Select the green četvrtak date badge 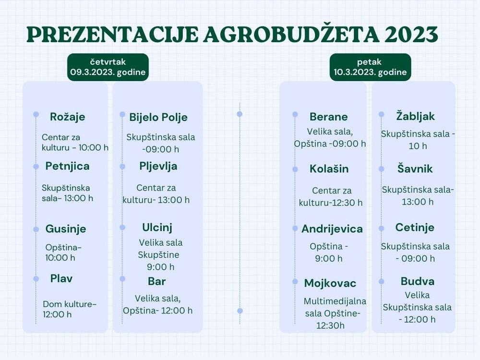[x=108, y=67]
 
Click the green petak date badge [x=370, y=67]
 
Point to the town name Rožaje [x=67, y=117]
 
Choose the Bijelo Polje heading [x=158, y=117]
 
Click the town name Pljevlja [x=158, y=166]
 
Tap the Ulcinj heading [x=157, y=227]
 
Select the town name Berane [x=329, y=117]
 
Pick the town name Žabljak [x=416, y=116]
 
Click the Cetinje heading [x=415, y=227]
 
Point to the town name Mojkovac [x=330, y=283]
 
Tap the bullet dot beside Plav [x=36, y=278]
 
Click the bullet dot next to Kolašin [x=295, y=169]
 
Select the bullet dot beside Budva [x=382, y=281]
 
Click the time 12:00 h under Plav [x=57, y=314]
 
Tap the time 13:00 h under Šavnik [x=418, y=202]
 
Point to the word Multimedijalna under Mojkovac [x=335, y=301]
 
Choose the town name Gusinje [x=66, y=229]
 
